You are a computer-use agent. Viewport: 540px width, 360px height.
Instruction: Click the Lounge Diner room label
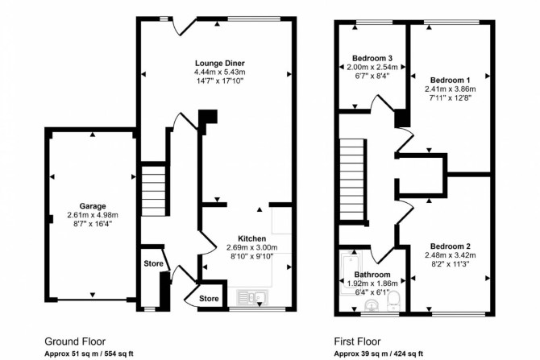[220, 63]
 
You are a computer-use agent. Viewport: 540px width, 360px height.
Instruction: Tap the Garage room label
[93, 206]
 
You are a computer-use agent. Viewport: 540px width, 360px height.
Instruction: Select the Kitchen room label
[251, 238]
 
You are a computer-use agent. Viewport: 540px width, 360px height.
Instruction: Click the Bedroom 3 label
[372, 58]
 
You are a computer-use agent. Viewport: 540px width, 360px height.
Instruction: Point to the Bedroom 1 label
[450, 81]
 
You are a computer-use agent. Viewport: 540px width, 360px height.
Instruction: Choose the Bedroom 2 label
[450, 246]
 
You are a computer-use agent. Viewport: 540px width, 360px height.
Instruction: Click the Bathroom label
[372, 275]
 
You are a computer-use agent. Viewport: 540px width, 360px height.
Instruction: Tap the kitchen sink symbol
[252, 296]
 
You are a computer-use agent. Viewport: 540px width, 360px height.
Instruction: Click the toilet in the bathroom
[393, 299]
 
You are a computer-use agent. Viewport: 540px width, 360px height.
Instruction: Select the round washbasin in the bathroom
[372, 304]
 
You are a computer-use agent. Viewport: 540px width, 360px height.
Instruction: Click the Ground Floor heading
[75, 341]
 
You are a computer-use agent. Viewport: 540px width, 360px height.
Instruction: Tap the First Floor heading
[358, 341]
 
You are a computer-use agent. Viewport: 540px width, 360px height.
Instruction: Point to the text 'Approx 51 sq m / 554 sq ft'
[89, 354]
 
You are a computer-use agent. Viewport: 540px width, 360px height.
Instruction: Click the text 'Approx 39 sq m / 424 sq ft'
[379, 354]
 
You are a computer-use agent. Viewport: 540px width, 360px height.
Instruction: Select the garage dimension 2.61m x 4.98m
[93, 215]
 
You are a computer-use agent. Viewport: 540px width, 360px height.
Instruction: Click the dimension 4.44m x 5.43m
[220, 72]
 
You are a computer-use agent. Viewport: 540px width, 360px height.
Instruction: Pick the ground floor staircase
[154, 191]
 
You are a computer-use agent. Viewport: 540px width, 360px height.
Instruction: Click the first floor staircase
[352, 180]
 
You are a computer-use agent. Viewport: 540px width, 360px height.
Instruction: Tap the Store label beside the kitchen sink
[209, 299]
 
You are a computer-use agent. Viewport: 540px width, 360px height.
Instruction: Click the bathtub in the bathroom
[350, 273]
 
